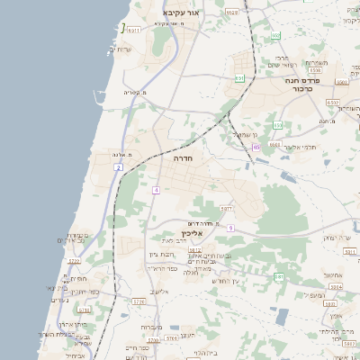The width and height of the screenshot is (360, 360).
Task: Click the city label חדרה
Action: click(183, 157)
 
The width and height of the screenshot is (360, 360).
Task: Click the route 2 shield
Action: click(118, 168)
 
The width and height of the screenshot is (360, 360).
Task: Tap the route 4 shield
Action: click(156, 190)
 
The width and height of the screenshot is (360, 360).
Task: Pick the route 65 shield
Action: click(256, 146)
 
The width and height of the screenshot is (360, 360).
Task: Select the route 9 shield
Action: click(230, 228)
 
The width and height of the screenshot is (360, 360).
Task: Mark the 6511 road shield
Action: click(134, 30)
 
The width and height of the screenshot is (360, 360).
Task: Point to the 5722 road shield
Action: click(74, 261)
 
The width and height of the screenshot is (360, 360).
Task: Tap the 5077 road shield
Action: click(226, 209)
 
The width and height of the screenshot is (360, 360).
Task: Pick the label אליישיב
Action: click(161, 291)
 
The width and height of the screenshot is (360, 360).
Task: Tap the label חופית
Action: click(76, 278)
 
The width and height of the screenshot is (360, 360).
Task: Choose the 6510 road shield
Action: click(334, 103)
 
